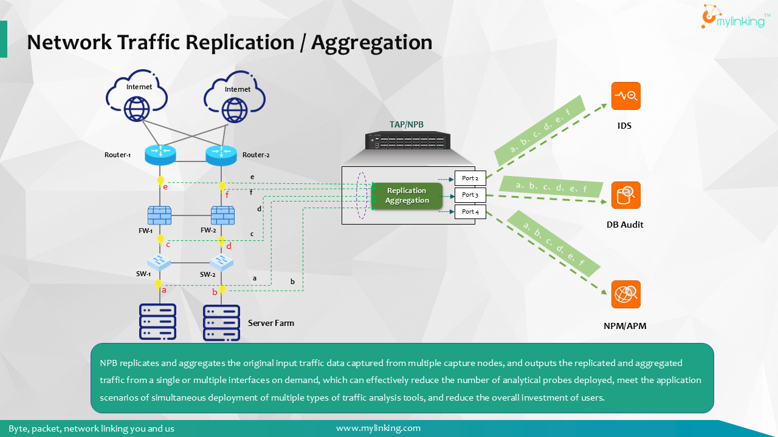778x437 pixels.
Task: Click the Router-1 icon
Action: (160, 155)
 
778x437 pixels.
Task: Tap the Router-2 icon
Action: (221, 155)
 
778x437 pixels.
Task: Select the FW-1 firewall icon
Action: (159, 215)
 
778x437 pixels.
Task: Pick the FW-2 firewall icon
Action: (222, 215)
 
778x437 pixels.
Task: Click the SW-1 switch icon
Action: (160, 262)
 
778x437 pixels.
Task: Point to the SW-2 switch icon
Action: (221, 262)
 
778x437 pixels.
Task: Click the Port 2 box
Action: (470, 178)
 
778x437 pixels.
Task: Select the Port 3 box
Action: (470, 195)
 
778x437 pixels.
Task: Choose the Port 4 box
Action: (470, 212)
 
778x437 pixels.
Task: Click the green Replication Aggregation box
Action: (407, 195)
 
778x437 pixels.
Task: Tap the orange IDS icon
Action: (625, 96)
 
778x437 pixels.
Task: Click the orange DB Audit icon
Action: (625, 195)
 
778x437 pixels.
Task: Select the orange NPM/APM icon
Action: (625, 294)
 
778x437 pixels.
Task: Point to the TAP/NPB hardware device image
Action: (407, 141)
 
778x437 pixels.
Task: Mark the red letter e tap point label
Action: (165, 187)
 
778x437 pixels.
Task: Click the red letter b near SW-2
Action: (215, 292)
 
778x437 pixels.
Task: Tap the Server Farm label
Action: (270, 323)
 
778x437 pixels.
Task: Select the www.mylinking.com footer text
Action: (378, 428)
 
